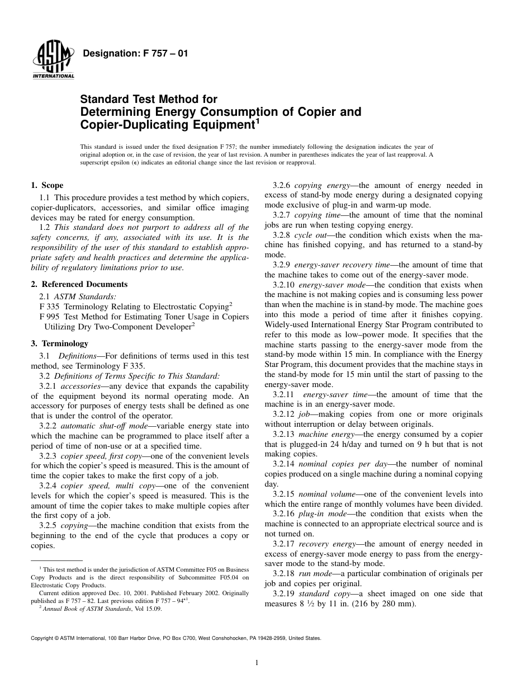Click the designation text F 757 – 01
coord(135,54)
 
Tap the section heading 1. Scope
coord(47,185)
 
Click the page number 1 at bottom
coord(256,663)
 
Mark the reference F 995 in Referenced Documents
coord(50,317)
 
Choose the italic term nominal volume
coord(324,494)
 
